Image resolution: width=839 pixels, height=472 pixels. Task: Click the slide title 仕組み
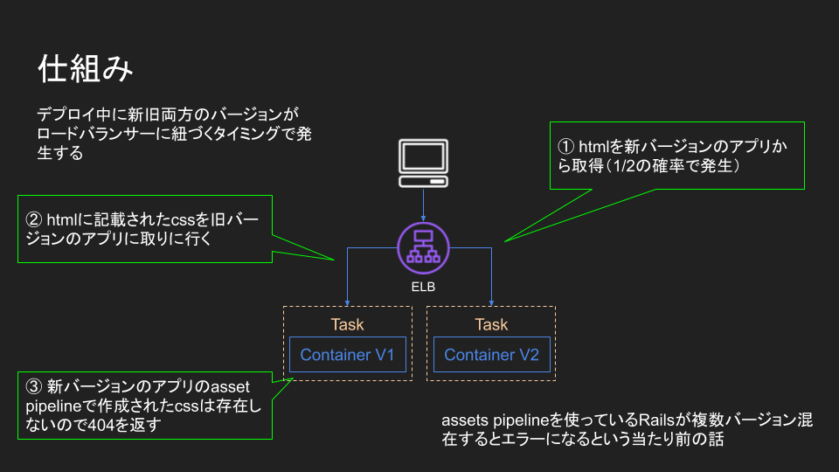86,69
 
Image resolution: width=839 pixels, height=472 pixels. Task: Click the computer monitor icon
424,163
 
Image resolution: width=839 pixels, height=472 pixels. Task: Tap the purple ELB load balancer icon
424,247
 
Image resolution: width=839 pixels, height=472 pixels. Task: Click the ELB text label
424,286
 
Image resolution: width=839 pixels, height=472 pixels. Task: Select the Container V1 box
347,355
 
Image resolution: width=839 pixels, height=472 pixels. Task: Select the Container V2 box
491,355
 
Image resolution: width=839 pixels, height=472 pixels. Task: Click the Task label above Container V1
347,325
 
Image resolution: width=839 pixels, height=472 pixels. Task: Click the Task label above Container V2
491,325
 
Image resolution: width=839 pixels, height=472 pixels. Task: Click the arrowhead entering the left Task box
348,302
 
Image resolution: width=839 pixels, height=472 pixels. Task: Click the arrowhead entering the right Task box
491,302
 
